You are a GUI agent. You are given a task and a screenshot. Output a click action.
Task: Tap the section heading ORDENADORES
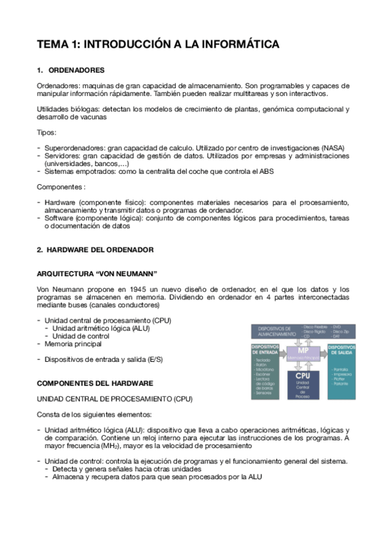pos(77,70)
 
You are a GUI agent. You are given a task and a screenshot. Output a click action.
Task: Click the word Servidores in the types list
pos(61,156)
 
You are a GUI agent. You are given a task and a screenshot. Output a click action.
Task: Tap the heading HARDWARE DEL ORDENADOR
pos(97,249)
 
